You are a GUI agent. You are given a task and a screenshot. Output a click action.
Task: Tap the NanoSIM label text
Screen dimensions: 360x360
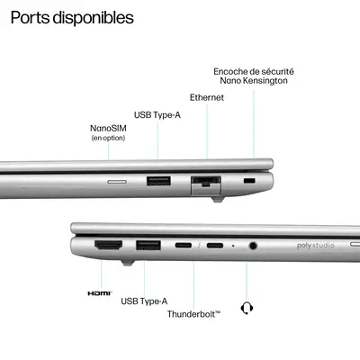tap(108, 128)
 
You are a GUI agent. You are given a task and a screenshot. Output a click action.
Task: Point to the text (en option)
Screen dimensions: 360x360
tap(108, 138)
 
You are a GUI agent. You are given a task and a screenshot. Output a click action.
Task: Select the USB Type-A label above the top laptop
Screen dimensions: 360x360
tap(157, 114)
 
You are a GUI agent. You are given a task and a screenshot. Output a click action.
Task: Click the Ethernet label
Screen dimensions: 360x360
tap(207, 97)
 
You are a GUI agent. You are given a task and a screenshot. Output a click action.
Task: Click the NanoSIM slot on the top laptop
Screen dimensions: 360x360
tap(117, 181)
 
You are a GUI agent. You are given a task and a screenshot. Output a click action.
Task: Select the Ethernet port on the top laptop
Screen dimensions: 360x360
tap(207, 183)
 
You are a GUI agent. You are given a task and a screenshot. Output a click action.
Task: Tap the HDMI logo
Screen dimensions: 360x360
tap(99, 293)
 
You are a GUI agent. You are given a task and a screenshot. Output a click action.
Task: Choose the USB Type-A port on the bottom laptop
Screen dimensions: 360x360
tap(148, 245)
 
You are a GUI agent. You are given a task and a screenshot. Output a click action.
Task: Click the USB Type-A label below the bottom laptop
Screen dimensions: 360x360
tap(144, 301)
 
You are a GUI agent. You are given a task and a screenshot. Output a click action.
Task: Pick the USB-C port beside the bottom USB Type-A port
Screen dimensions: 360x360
tap(184, 245)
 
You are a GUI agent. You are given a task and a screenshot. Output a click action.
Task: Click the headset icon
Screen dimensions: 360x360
tap(247, 308)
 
